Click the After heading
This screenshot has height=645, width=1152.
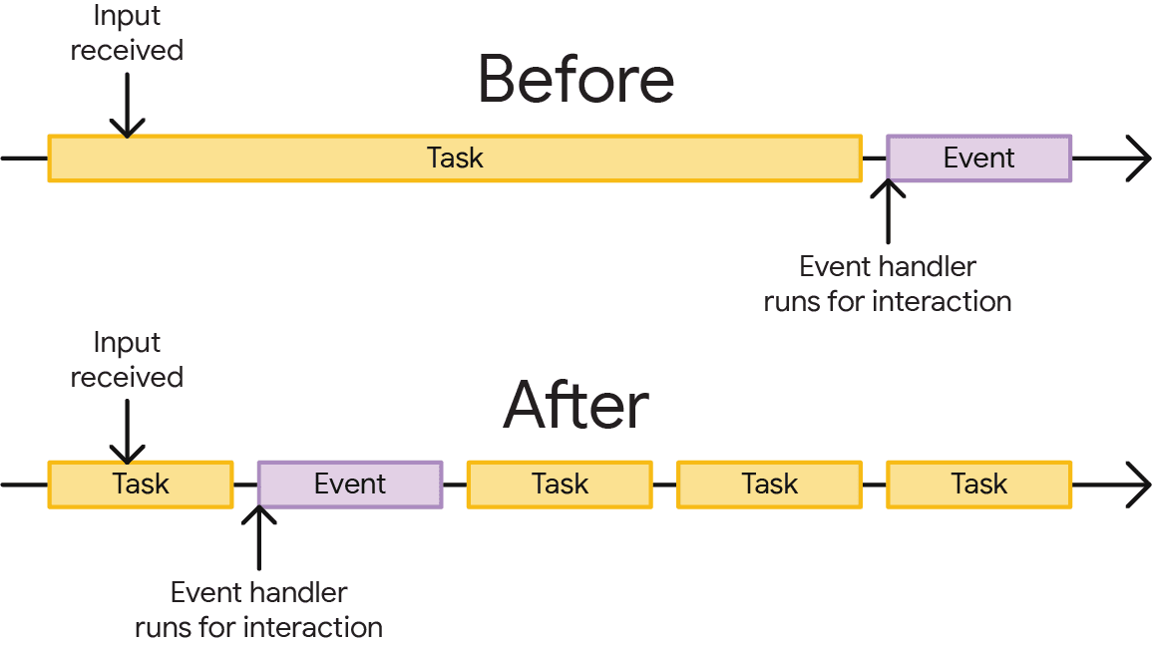pos(576,405)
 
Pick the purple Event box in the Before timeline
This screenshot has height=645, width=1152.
pos(978,159)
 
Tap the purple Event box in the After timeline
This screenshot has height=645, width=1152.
pos(349,484)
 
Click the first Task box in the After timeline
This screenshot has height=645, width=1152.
pos(141,484)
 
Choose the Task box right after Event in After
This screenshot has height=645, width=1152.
pos(560,484)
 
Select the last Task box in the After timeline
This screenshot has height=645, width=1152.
pos(978,484)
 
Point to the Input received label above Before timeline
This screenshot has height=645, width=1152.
pos(127,34)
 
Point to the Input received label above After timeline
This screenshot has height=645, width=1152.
pos(127,360)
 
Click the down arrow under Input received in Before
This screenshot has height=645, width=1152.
pos(127,105)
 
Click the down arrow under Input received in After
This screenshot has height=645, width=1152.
pos(127,431)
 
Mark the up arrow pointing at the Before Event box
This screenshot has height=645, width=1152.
pos(888,211)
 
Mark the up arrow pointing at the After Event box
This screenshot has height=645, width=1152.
pos(259,538)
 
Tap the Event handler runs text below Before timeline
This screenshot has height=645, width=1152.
pos(888,284)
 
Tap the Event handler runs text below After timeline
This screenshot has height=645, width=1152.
pos(259,609)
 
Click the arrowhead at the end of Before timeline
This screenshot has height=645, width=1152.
pos(1138,159)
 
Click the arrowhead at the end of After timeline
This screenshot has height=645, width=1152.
pos(1138,484)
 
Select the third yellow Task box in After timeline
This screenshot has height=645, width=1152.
pos(769,484)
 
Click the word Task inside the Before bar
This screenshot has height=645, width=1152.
pos(455,159)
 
